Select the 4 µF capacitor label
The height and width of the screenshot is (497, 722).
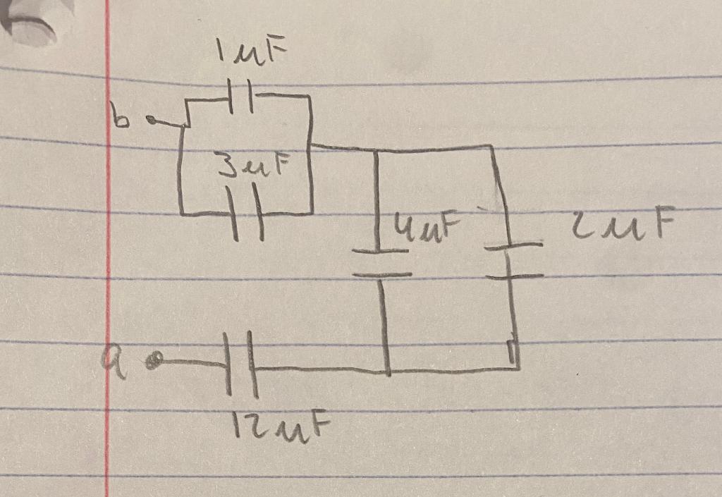[x=419, y=227]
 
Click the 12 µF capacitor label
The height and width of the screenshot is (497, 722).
[x=280, y=425]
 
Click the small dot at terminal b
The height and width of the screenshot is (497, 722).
[x=150, y=122]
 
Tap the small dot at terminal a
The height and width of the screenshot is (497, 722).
[x=157, y=362]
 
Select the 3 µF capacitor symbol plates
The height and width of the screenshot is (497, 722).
[x=245, y=212]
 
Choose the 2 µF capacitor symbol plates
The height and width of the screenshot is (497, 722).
[x=514, y=261]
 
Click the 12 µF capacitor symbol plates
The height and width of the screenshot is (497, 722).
[x=240, y=366]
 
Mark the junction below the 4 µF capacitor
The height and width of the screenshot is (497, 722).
[x=387, y=369]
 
